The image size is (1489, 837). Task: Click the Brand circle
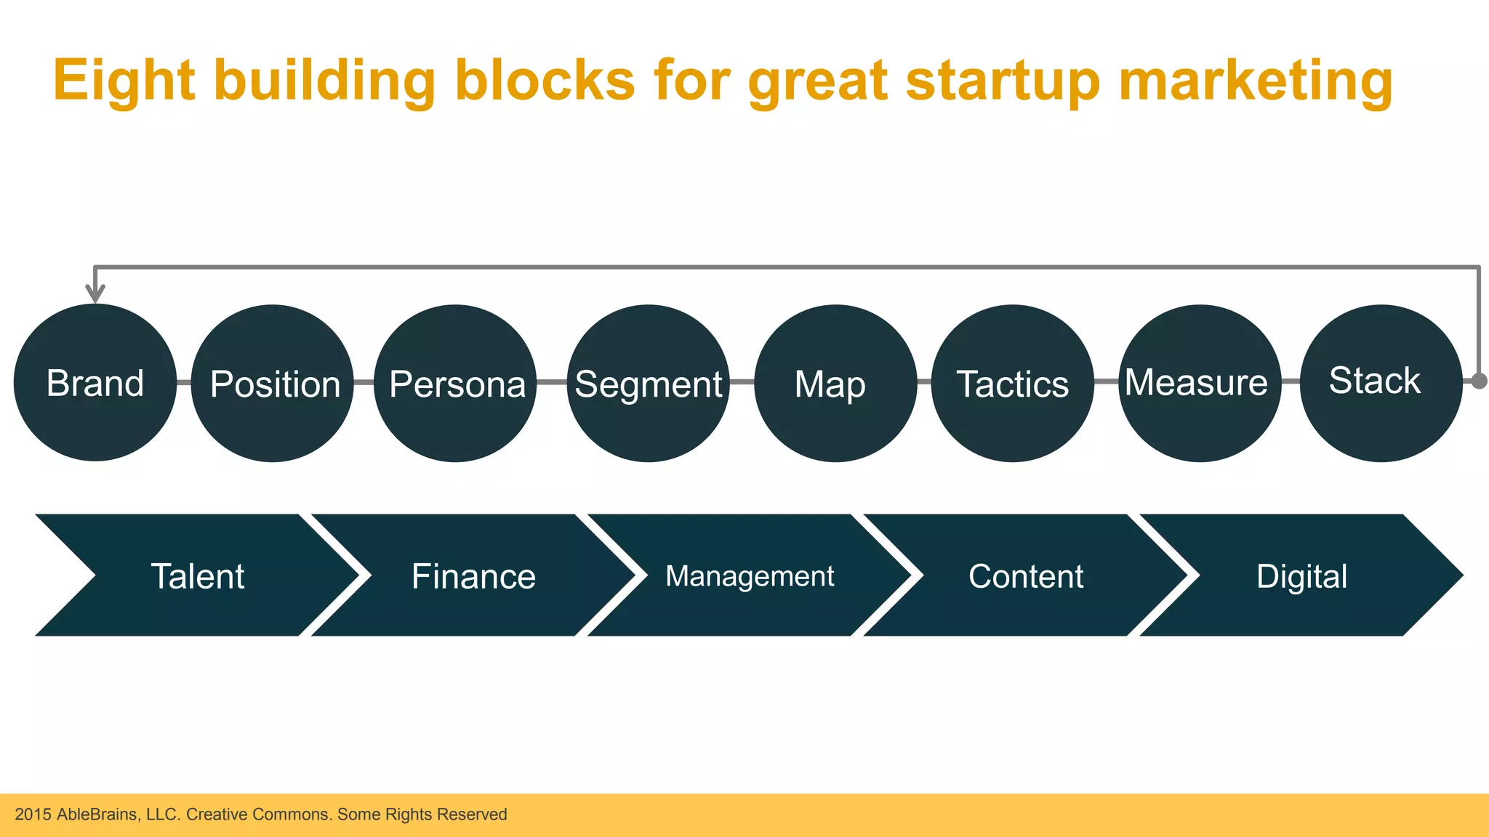click(95, 383)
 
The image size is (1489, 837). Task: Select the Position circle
click(273, 384)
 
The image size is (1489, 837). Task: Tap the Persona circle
click(456, 384)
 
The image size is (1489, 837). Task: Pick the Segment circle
click(648, 384)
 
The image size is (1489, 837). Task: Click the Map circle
click(835, 384)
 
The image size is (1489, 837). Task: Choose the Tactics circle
click(1012, 384)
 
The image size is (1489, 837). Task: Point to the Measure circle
click(1199, 383)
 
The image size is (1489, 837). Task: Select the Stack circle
click(1380, 383)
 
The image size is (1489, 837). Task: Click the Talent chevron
click(198, 575)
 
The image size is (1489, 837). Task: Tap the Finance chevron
click(473, 575)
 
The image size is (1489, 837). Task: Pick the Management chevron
click(750, 575)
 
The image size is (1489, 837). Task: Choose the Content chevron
click(1026, 575)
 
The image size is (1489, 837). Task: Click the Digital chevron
click(1301, 575)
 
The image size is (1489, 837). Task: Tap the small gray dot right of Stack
click(1480, 381)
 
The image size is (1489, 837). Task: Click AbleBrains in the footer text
click(97, 814)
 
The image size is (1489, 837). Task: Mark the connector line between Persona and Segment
click(552, 381)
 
